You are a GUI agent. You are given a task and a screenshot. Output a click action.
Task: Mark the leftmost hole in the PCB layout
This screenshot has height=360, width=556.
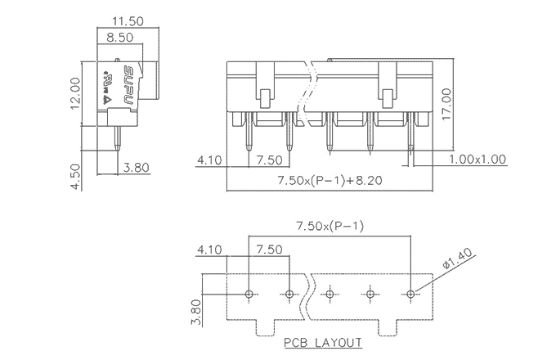pos(249,293)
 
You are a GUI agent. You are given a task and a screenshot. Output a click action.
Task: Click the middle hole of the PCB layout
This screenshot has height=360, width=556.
pos(330,293)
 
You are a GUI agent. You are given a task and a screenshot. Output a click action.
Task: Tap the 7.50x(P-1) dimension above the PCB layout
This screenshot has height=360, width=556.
pos(331,226)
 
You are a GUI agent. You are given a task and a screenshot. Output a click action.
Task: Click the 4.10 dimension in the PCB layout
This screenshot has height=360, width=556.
pos(208,250)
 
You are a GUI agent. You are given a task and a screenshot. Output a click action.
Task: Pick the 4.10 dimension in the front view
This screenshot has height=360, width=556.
pos(208,160)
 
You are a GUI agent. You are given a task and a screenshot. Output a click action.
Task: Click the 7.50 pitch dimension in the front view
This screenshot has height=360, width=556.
pos(270,160)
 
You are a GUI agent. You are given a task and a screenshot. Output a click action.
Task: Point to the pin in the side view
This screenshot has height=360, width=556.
pos(120,139)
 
